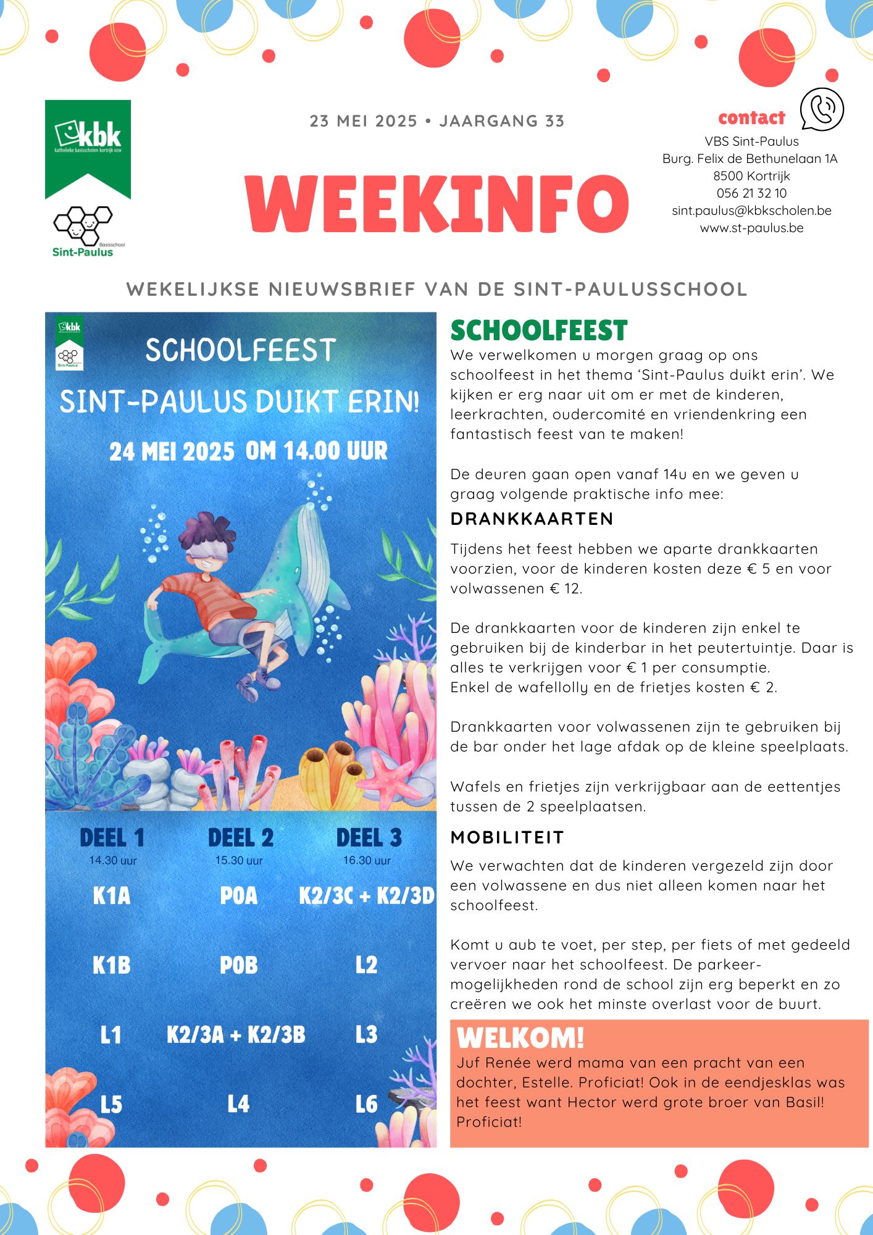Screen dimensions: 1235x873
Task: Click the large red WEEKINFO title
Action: tap(436, 204)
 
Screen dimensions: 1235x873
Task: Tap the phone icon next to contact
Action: tap(821, 109)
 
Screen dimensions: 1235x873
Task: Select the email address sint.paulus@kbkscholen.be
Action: tap(751, 211)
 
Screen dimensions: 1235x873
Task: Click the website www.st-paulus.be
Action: tap(751, 228)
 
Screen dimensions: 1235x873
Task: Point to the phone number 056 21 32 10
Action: tap(751, 193)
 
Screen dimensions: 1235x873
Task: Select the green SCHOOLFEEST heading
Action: tap(538, 331)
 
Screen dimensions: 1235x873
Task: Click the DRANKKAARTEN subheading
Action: tap(532, 519)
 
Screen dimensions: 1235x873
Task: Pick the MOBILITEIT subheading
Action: tap(508, 837)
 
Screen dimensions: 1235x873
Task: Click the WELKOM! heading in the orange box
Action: tap(520, 1038)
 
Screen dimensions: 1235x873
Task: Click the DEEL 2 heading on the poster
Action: tap(240, 838)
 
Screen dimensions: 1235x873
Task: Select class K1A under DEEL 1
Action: tap(112, 895)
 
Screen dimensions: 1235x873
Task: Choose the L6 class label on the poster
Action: tap(366, 1104)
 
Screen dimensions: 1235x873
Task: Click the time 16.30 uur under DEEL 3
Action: tap(367, 860)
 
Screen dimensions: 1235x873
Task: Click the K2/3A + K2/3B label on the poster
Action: tap(236, 1034)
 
